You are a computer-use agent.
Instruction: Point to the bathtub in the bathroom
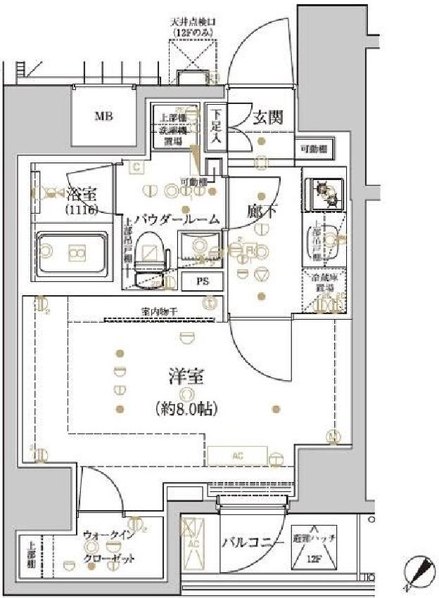pos(73,252)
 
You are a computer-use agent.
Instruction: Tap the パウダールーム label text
pos(181,220)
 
